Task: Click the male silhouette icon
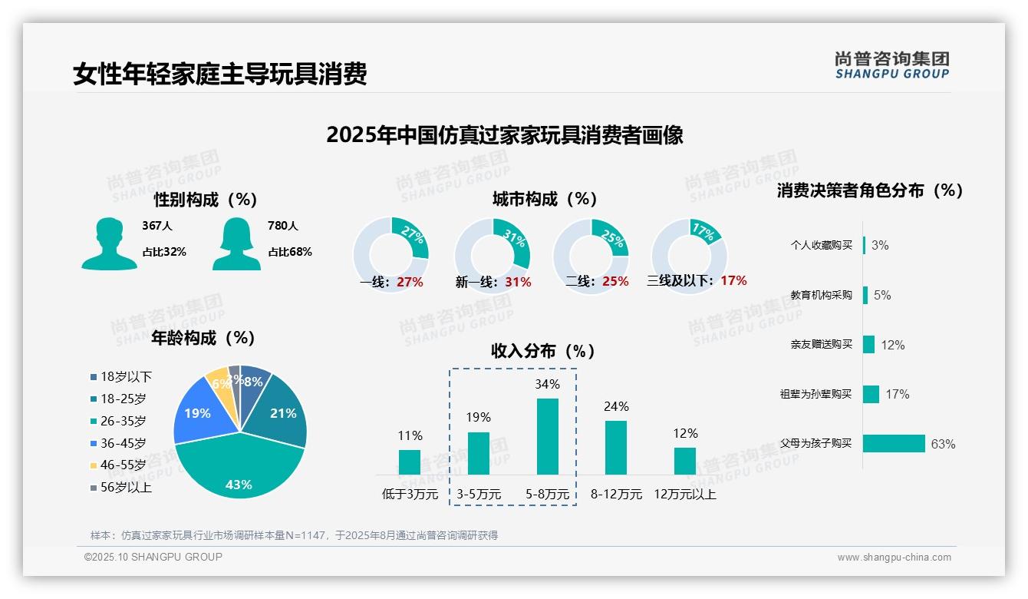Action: point(109,243)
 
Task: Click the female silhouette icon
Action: point(236,243)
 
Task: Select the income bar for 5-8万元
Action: point(547,436)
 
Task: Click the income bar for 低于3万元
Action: point(410,462)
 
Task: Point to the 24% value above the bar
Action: point(616,406)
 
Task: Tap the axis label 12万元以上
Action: point(684,495)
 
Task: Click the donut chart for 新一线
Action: point(492,255)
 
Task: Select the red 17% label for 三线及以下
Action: point(733,280)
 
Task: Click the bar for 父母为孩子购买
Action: point(894,444)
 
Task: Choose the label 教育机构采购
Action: point(821,295)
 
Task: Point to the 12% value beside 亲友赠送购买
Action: point(892,345)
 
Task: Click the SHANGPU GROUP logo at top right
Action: point(891,65)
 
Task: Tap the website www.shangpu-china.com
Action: point(894,558)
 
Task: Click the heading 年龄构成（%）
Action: point(203,338)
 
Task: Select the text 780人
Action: point(283,226)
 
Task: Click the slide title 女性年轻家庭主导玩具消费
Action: point(220,74)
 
